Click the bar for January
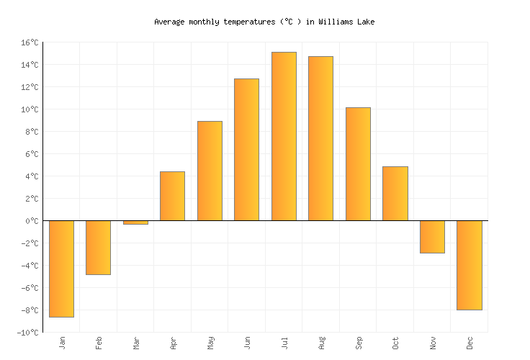[x=61, y=269]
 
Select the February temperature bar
[x=98, y=248]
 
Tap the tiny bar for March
[x=135, y=222]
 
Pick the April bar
[x=172, y=196]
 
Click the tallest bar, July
[x=284, y=136]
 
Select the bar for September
[x=358, y=164]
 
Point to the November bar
[x=432, y=237]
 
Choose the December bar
[x=469, y=265]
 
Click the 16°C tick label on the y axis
[x=29, y=42]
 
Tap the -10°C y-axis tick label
[x=27, y=333]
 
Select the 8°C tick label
[x=31, y=132]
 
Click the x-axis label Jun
[x=247, y=342]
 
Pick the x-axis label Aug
[x=321, y=342]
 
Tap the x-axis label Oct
[x=395, y=342]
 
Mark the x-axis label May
[x=210, y=342]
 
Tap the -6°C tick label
[x=29, y=288]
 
